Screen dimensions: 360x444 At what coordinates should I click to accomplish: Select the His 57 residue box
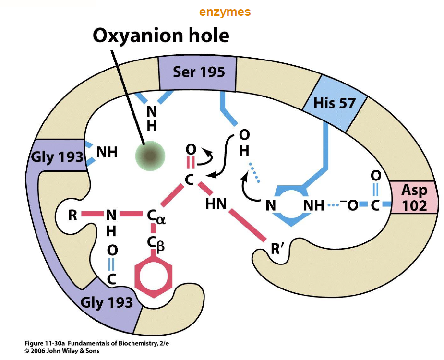point(334,103)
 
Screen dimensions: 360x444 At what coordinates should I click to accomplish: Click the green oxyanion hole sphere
point(150,155)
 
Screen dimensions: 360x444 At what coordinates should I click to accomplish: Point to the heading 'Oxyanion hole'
point(161,36)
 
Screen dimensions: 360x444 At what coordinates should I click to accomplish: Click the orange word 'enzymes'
point(225,12)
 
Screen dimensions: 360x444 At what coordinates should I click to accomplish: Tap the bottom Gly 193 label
point(107,302)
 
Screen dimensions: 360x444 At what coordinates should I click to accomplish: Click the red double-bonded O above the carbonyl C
point(191,149)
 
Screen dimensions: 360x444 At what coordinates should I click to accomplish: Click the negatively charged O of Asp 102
point(353,205)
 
